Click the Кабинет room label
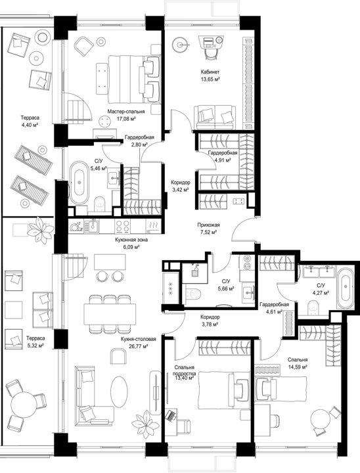point(210,72)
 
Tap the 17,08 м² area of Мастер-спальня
point(126,118)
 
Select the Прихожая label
point(208,225)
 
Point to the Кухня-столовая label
point(139,339)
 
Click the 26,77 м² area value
point(138,346)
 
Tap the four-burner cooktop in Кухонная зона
point(123,227)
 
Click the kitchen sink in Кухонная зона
point(91,226)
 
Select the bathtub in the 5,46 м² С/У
point(79,183)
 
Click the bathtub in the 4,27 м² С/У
point(345,288)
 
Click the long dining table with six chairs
point(110,314)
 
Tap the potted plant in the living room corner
point(146,424)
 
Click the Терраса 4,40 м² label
point(30,122)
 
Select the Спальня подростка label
point(184,371)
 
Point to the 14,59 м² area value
point(298,367)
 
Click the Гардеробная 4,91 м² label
point(223,156)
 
